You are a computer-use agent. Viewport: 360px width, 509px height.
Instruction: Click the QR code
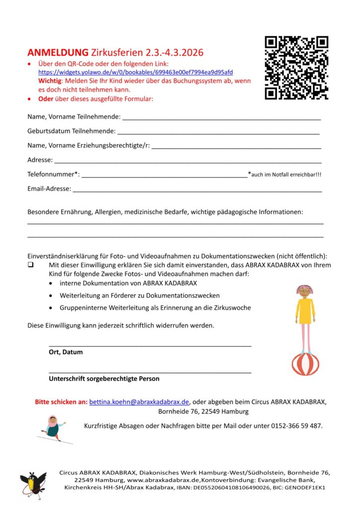(296, 68)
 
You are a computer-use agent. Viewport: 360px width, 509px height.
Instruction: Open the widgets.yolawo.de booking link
(135, 72)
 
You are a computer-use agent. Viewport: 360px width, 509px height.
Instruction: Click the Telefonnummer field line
(164, 175)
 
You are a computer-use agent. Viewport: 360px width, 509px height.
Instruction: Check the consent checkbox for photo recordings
(31, 265)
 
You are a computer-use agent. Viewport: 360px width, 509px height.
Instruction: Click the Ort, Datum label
(66, 352)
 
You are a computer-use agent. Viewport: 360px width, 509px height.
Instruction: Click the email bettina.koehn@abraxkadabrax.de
(139, 402)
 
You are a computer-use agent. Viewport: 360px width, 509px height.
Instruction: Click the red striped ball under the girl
(305, 364)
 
